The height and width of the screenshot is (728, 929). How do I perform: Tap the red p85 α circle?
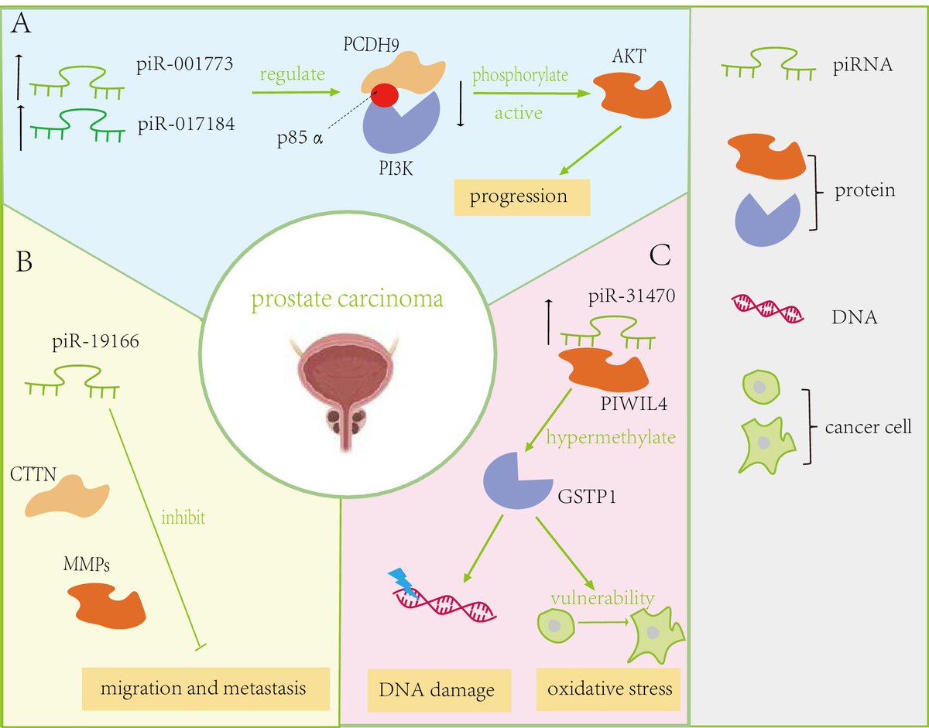tap(386, 97)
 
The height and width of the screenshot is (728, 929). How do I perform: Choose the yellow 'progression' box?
tap(522, 196)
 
